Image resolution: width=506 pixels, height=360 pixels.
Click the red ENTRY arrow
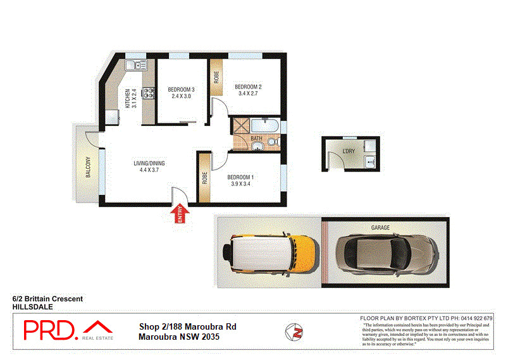click(180, 214)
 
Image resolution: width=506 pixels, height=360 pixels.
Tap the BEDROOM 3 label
click(181, 90)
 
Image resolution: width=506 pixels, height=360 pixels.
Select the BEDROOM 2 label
click(248, 87)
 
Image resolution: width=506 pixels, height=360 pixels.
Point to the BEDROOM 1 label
click(240, 177)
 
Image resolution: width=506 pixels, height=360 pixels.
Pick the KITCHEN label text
click(127, 98)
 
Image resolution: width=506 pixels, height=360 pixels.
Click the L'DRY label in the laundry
click(348, 152)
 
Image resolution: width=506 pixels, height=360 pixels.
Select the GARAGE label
click(380, 228)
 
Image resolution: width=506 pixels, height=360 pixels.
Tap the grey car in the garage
click(386, 254)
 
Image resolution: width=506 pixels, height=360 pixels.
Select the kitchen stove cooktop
click(148, 94)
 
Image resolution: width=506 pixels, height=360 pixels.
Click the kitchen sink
click(134, 64)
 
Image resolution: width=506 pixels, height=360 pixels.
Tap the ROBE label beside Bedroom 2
click(216, 77)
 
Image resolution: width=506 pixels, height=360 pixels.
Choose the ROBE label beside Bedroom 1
click(204, 178)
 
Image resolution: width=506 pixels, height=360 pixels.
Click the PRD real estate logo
click(68, 330)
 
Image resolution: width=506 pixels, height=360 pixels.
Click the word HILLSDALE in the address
click(32, 306)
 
